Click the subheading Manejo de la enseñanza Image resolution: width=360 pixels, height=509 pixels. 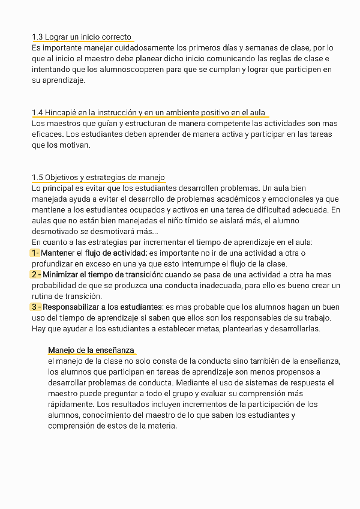tap(91, 350)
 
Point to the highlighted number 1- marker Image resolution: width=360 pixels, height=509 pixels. tap(35, 253)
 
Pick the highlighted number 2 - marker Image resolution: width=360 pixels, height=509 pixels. tap(36, 274)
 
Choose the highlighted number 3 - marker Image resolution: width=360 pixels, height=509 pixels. tap(36, 307)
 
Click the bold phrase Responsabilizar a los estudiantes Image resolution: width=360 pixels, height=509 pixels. tap(103, 307)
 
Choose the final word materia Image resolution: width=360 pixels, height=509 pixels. tap(162, 426)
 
